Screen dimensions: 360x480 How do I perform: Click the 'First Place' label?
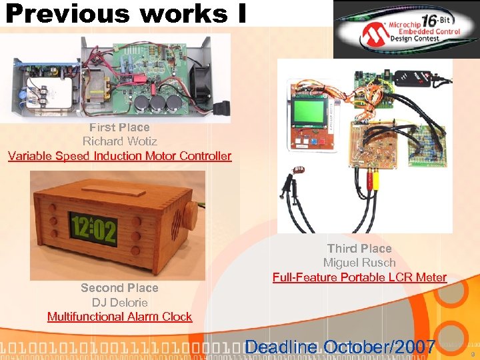pos(119,127)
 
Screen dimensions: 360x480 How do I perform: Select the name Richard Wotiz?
pos(119,141)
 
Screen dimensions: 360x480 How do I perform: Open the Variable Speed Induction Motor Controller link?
pos(119,156)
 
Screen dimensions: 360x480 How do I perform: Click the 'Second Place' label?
pos(119,288)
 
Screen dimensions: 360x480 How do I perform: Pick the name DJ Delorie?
pos(119,303)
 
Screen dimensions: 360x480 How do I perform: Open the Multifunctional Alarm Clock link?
pos(119,317)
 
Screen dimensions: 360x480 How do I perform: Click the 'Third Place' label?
pos(359,249)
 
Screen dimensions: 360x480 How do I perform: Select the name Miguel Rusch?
pos(359,263)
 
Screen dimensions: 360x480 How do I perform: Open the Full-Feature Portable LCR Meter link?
pos(359,277)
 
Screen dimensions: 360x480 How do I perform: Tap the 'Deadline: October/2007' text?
pos(341,347)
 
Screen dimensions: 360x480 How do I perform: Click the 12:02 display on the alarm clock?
pos(93,230)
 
